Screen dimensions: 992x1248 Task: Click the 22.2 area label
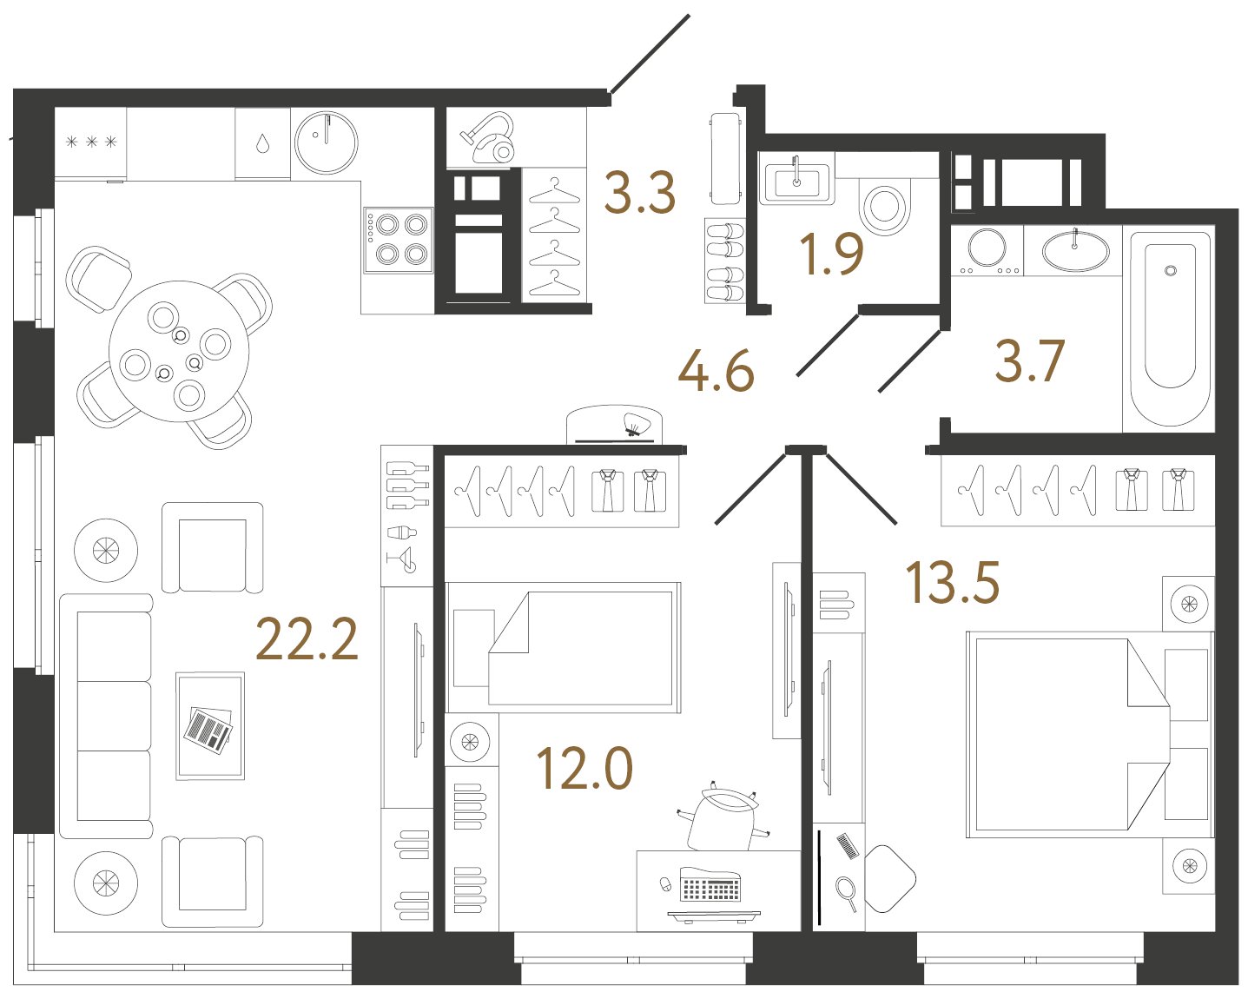307,640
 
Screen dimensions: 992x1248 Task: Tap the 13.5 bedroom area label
952,583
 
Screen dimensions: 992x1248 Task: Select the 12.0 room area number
584,769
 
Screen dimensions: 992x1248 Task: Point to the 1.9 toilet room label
831,255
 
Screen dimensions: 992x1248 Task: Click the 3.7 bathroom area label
1029,361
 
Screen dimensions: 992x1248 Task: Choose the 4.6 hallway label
716,372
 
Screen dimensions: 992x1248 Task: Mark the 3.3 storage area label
640,193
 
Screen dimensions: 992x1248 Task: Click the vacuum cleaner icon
488,139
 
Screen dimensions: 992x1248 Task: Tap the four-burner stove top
399,240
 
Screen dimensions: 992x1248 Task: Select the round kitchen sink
327,143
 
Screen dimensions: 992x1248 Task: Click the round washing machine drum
987,248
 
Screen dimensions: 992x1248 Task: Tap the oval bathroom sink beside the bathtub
1075,251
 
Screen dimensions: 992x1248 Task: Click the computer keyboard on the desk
710,888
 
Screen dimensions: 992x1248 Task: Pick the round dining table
179,352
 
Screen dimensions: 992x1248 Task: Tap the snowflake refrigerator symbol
90,142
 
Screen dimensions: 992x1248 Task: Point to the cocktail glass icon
404,559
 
